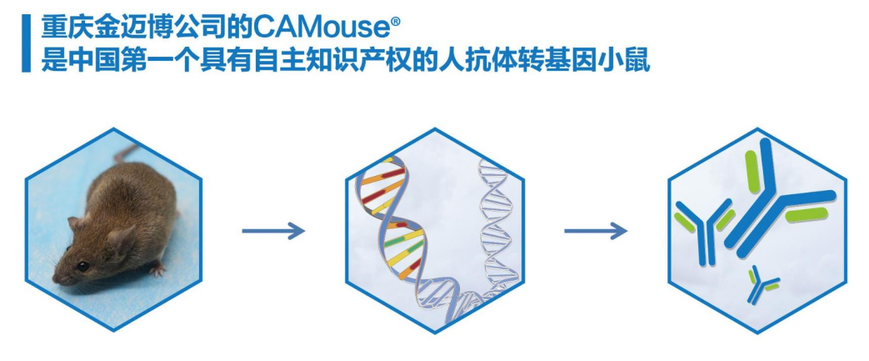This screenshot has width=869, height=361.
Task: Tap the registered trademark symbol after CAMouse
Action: [384, 19]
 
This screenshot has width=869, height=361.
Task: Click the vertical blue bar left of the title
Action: [25, 43]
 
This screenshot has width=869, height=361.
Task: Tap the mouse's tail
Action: [125, 153]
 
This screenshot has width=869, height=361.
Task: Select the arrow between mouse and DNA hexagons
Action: [273, 231]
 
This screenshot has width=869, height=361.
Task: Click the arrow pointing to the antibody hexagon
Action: [595, 231]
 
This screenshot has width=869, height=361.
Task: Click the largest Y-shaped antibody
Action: [775, 200]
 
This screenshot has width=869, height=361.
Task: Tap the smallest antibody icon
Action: [762, 284]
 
